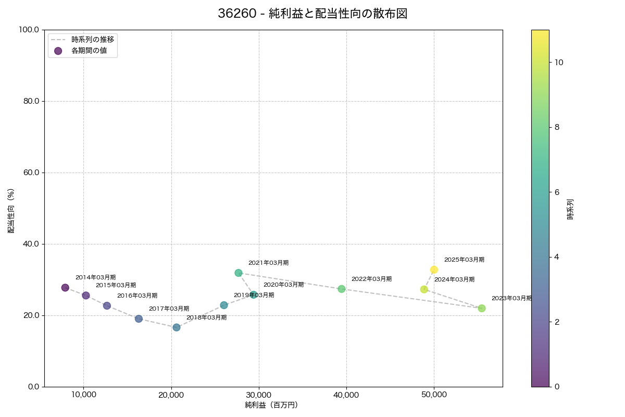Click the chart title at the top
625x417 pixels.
coord(312,14)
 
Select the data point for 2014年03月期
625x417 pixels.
coord(65,288)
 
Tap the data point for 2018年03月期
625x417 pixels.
coord(177,327)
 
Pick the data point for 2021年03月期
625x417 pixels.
coord(239,273)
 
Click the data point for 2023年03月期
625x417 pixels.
coord(482,309)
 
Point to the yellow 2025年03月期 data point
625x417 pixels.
coord(434,269)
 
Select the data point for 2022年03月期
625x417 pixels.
coord(342,289)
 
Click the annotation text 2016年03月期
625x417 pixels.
coord(137,296)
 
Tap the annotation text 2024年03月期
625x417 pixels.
coord(454,280)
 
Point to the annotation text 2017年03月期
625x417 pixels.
coord(169,309)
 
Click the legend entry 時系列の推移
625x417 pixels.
coord(93,39)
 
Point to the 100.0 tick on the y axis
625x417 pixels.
coord(29,30)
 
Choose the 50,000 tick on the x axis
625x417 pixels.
coord(434,395)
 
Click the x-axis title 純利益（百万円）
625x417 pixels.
coord(271,405)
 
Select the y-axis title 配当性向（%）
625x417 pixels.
coord(11,211)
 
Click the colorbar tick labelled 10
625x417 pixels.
coord(559,62)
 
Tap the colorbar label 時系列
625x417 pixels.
coord(570,208)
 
